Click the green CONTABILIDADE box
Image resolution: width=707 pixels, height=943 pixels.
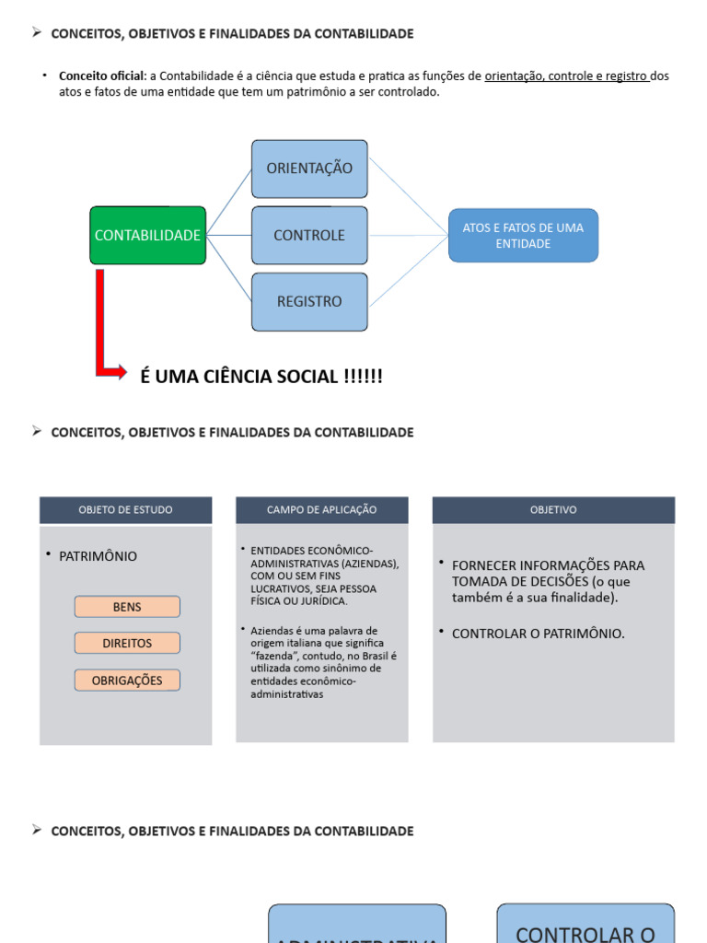pyautogui.click(x=147, y=236)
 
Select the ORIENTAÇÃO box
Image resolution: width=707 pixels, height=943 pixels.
pyautogui.click(x=309, y=169)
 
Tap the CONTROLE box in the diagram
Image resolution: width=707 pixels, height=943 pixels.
pyautogui.click(x=309, y=236)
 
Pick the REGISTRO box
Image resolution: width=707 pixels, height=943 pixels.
pyautogui.click(x=309, y=302)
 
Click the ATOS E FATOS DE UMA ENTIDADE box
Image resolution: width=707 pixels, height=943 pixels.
pyautogui.click(x=523, y=236)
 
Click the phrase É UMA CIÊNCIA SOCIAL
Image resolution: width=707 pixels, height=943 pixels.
pyautogui.click(x=261, y=377)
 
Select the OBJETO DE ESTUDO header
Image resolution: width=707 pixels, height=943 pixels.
pyautogui.click(x=125, y=510)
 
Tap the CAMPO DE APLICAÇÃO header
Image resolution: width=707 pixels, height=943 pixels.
pyautogui.click(x=321, y=510)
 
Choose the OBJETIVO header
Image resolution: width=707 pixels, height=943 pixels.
pyautogui.click(x=553, y=510)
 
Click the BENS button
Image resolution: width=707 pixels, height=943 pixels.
pyautogui.click(x=127, y=607)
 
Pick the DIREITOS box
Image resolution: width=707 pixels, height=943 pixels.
pyautogui.click(x=127, y=644)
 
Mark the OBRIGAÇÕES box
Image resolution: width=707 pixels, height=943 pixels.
pyautogui.click(x=127, y=681)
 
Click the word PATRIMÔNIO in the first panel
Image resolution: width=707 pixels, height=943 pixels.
pyautogui.click(x=98, y=556)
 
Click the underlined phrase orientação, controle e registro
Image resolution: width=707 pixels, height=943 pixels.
pyautogui.click(x=567, y=76)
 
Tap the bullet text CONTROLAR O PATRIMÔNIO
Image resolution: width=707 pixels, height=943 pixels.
pyautogui.click(x=538, y=634)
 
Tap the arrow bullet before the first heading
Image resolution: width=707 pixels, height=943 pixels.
pyautogui.click(x=37, y=33)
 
